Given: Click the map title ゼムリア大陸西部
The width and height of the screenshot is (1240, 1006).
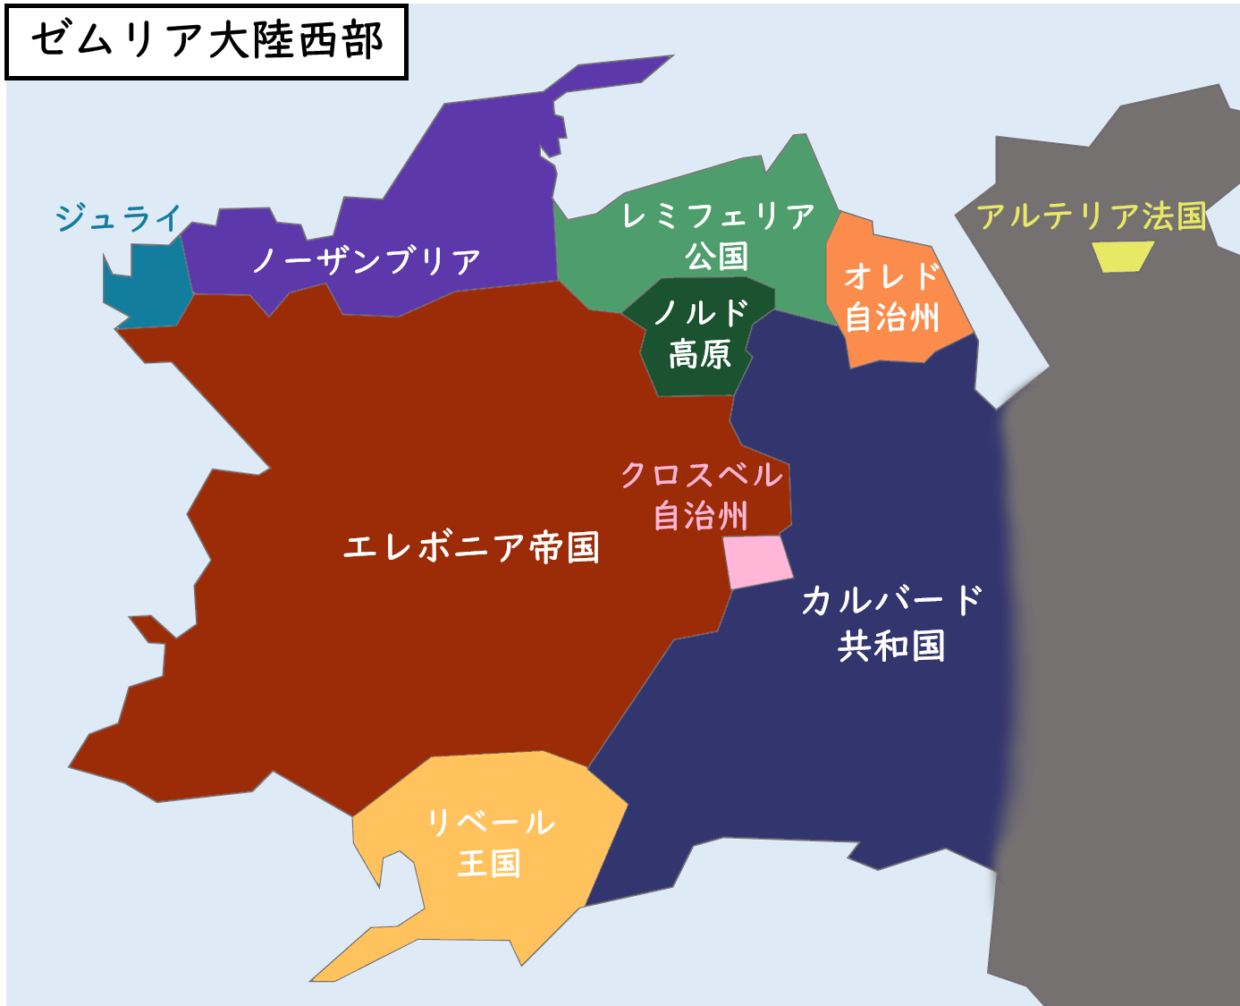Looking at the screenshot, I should (x=207, y=41).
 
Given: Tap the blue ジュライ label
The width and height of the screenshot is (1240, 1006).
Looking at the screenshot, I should (x=118, y=217).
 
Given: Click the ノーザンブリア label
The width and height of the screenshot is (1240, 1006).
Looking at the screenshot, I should (x=367, y=260).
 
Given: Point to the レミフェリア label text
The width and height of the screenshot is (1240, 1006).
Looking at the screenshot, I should (x=718, y=216).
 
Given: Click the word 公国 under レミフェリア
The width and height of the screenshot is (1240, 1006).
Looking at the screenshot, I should (x=716, y=257).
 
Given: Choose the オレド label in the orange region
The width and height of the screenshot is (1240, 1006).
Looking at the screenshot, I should (x=891, y=276).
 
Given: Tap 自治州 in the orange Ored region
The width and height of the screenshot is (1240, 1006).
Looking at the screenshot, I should (x=892, y=317).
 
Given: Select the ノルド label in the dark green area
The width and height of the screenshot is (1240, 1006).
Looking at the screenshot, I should (x=700, y=313).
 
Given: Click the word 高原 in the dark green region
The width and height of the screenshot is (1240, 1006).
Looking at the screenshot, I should (x=700, y=354).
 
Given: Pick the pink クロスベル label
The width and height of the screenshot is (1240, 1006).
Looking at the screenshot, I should (x=702, y=474).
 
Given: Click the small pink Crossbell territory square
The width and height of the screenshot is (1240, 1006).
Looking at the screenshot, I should (x=758, y=562).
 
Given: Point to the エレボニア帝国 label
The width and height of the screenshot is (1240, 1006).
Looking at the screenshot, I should (x=471, y=546).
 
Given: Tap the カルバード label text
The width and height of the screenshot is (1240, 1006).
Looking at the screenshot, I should (x=891, y=600).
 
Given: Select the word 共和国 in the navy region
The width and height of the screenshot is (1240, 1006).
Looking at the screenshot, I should (x=891, y=646).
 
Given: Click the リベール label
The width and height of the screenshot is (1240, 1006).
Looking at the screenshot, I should (x=490, y=822).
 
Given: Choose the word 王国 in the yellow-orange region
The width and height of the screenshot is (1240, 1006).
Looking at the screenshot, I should (x=489, y=863).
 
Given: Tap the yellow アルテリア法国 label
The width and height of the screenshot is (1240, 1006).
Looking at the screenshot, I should (x=1091, y=216).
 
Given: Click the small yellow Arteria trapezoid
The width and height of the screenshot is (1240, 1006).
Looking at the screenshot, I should (x=1123, y=257).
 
